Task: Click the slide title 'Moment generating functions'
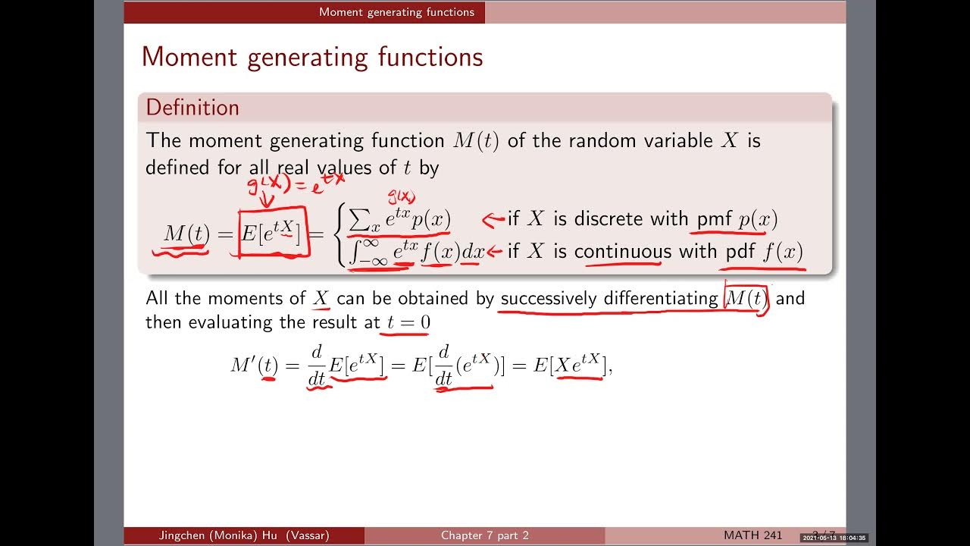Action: click(311, 57)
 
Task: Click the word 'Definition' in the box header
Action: click(192, 108)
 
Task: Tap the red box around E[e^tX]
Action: click(274, 234)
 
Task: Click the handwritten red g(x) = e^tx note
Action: click(296, 184)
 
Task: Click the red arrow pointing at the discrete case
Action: click(493, 220)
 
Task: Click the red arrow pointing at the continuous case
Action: click(495, 252)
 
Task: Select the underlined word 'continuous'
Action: click(617, 252)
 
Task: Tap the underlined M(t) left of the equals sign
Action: click(186, 234)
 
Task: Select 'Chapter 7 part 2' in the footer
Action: click(485, 535)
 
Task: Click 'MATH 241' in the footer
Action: click(753, 535)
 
